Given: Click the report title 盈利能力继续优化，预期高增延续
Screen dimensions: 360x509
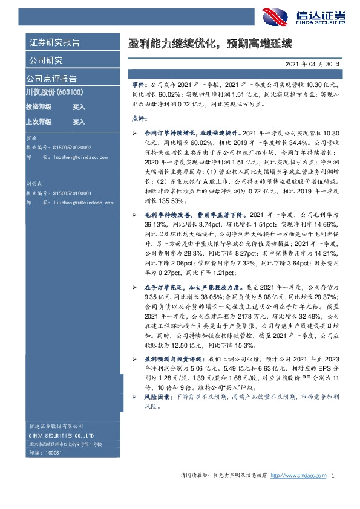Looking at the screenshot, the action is [211, 44].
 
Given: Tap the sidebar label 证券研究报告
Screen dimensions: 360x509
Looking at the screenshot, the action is [54, 43].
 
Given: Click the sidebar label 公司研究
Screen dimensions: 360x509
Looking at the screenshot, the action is [46, 60].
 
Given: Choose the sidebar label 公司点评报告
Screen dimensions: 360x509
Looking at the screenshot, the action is [51, 79].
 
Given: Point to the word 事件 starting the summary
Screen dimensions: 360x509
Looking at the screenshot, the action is [139, 87].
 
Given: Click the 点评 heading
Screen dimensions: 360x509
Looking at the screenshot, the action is [139, 119].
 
